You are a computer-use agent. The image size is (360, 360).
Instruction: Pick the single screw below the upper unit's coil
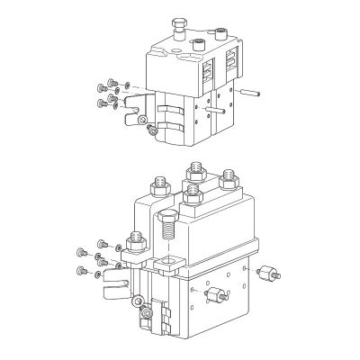click(x=153, y=132)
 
